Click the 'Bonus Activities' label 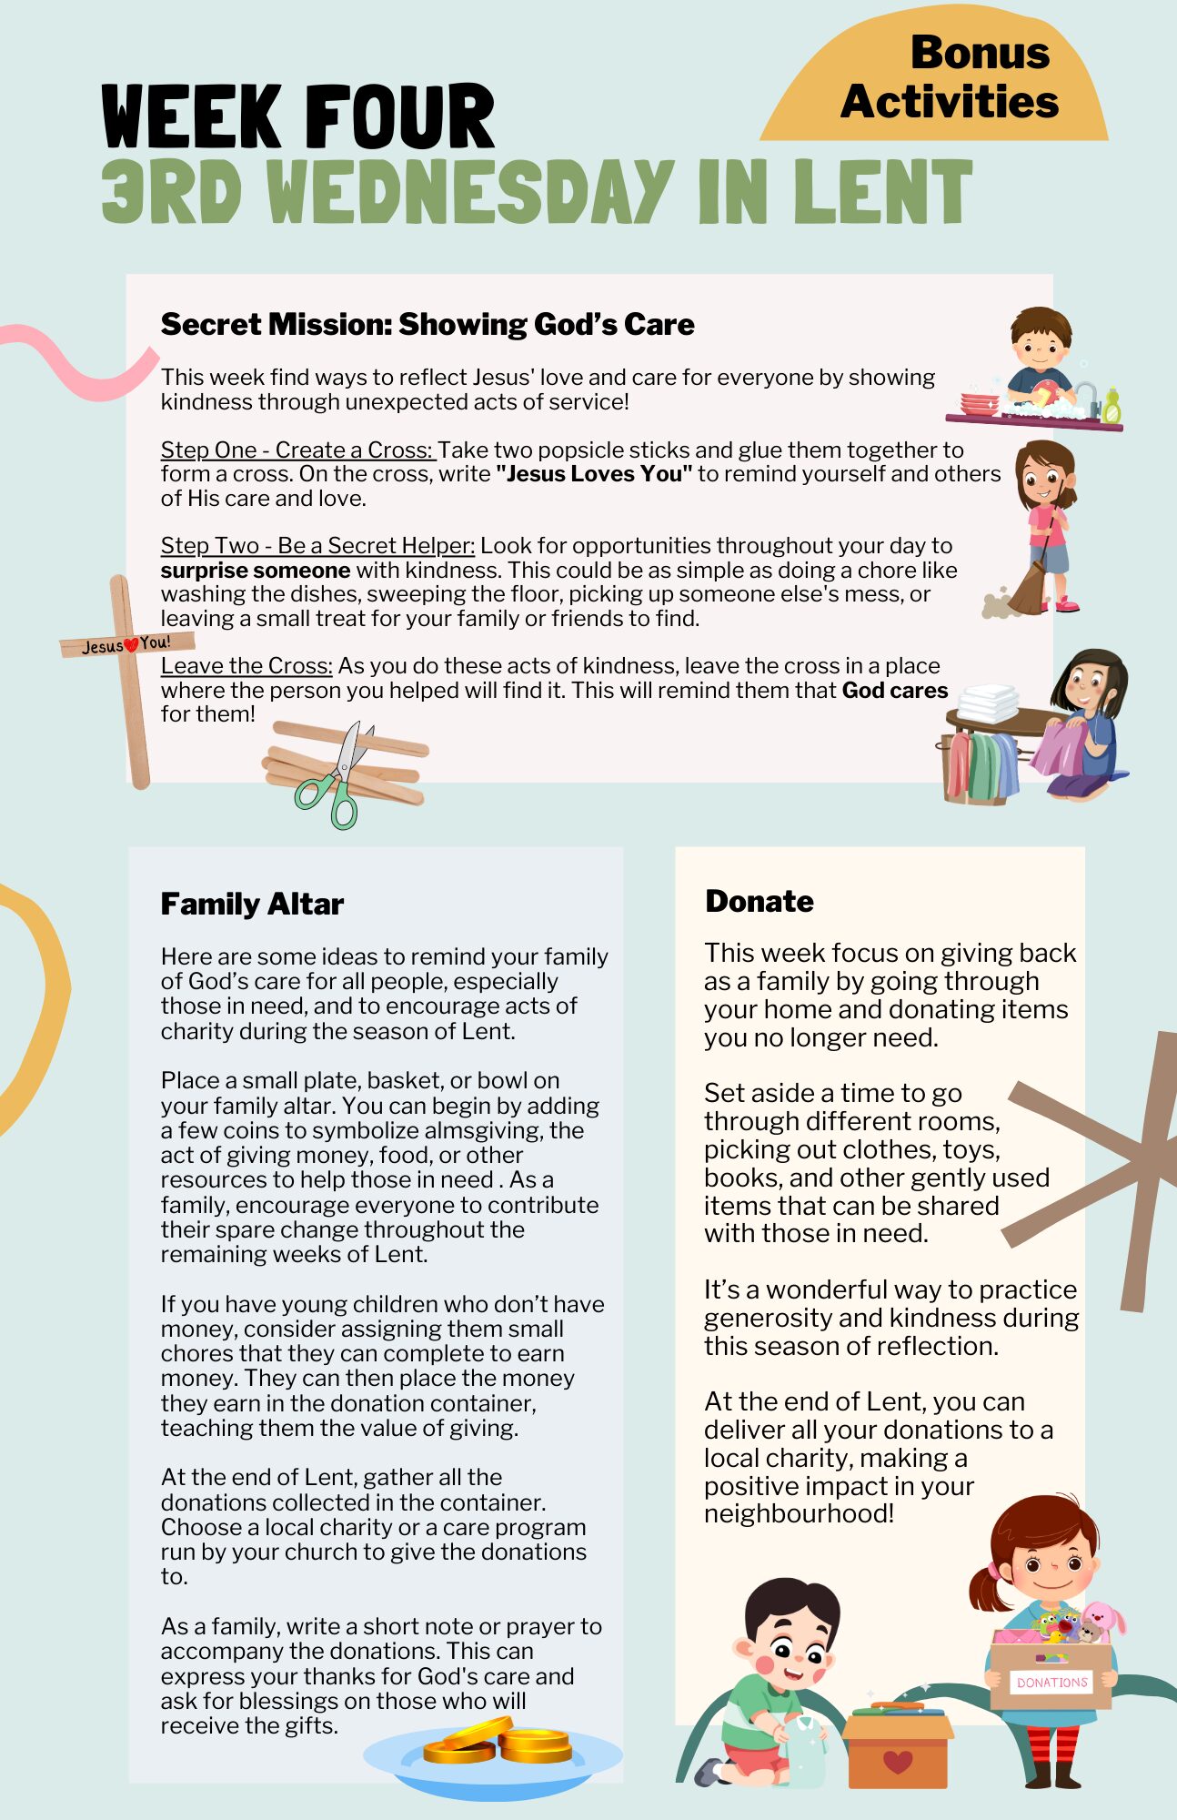pyautogui.click(x=950, y=77)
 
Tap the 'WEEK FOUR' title pyautogui.click(x=297, y=117)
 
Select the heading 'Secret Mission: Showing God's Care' pyautogui.click(x=427, y=324)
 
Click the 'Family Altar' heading pyautogui.click(x=252, y=904)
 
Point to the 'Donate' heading pyautogui.click(x=759, y=901)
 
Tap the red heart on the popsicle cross pyautogui.click(x=130, y=645)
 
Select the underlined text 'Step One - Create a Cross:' pyautogui.click(x=297, y=450)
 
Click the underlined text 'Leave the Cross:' pyautogui.click(x=246, y=665)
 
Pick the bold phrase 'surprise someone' pyautogui.click(x=255, y=571)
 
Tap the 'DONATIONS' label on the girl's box pyautogui.click(x=1051, y=1683)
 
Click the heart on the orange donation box pyautogui.click(x=897, y=1762)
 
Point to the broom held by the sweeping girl pyautogui.click(x=1031, y=583)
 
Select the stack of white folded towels pyautogui.click(x=989, y=703)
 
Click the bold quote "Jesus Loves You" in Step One pyautogui.click(x=594, y=474)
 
